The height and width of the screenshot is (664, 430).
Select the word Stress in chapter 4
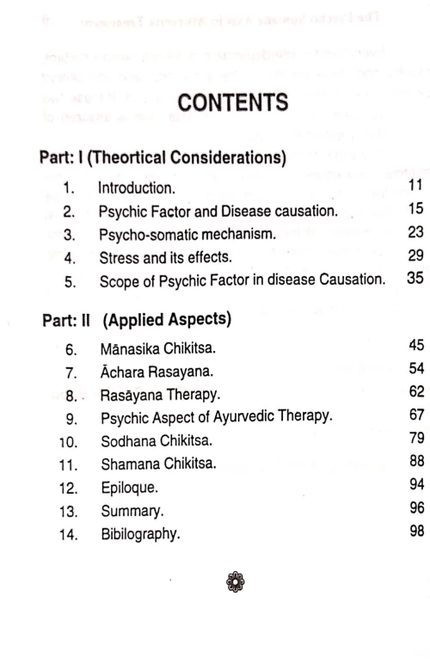116,256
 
